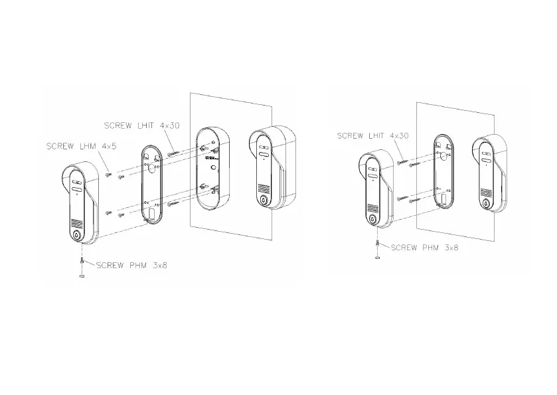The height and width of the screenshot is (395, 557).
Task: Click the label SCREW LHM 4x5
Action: click(82, 146)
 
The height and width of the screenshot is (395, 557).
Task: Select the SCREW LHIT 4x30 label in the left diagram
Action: click(141, 125)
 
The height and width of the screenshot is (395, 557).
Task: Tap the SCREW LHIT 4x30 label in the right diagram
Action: click(372, 135)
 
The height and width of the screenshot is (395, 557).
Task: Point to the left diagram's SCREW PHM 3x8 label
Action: click(131, 265)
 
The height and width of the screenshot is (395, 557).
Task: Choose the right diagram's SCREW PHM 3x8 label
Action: click(424, 248)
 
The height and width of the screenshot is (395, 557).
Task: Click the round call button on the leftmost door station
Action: click(77, 234)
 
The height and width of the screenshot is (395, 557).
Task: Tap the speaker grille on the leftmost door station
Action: click(76, 224)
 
